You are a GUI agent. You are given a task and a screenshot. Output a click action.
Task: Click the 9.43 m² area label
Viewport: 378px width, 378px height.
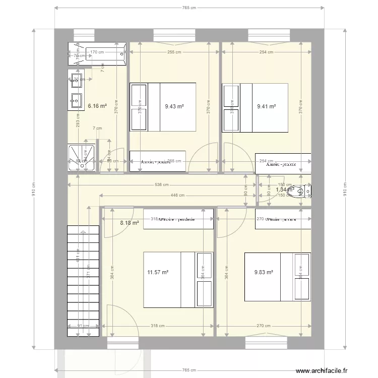point(174,106)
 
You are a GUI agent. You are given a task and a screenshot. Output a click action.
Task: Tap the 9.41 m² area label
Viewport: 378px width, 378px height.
point(266,106)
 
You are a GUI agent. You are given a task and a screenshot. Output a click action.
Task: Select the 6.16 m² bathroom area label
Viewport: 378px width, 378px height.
point(97,106)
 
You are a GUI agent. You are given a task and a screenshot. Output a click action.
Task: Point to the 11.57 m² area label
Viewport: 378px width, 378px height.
point(158,272)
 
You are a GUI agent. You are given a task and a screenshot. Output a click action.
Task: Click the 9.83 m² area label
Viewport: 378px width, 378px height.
point(264,272)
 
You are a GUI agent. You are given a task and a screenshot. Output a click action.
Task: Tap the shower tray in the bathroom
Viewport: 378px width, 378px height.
point(82,158)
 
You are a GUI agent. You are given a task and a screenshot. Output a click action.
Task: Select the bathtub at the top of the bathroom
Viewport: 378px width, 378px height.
point(97,53)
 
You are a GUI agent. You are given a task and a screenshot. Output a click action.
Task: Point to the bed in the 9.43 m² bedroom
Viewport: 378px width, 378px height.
point(163,107)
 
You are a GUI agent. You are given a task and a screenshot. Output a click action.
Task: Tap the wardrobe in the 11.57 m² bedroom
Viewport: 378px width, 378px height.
point(178,219)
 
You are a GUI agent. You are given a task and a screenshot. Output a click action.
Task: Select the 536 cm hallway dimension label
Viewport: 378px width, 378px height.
point(162,184)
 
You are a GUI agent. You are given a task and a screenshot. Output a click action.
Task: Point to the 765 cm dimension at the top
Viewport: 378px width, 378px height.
point(188,8)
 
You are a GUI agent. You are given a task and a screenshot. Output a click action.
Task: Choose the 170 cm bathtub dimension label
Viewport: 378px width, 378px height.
point(97,52)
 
